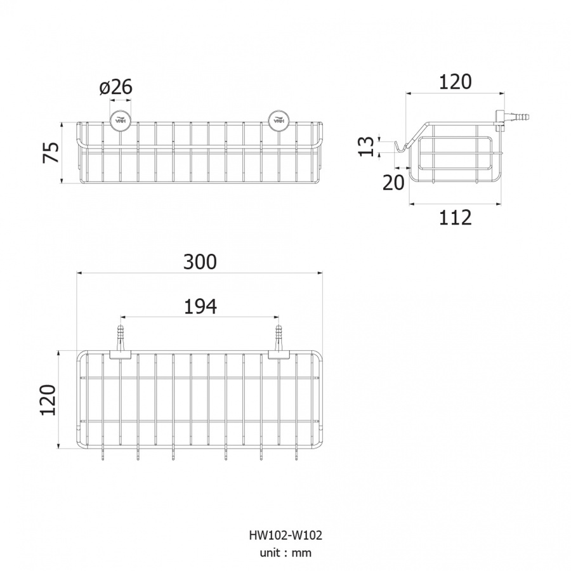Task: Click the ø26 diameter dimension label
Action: (x=116, y=88)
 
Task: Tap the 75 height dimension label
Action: (x=51, y=152)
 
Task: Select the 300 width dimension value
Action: (x=200, y=262)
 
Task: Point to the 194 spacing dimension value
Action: (x=200, y=306)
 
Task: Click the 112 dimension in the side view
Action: (x=455, y=218)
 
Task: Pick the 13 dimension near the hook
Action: (x=366, y=147)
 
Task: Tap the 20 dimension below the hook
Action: (x=393, y=183)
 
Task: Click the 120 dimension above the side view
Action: (x=455, y=82)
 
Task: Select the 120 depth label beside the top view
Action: (x=48, y=400)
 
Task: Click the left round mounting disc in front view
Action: (x=121, y=120)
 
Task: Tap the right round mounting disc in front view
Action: (x=279, y=120)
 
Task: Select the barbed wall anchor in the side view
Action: (x=511, y=117)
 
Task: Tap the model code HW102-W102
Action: (x=285, y=535)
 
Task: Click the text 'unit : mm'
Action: (x=285, y=553)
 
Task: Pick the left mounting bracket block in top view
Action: (x=121, y=355)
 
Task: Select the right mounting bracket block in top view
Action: (x=279, y=355)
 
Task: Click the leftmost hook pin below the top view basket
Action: (x=102, y=454)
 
